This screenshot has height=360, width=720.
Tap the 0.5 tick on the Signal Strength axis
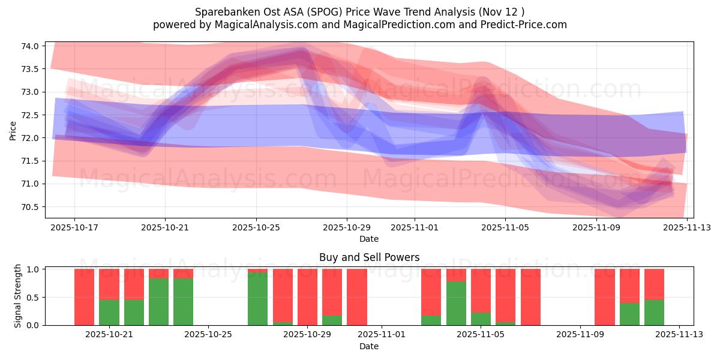[x=34, y=298]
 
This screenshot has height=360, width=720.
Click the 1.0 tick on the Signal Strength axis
[x=34, y=269]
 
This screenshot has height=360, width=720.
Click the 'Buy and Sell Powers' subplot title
[x=368, y=257]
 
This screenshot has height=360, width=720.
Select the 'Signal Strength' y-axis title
[x=18, y=296]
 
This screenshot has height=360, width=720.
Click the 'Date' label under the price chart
[x=368, y=239]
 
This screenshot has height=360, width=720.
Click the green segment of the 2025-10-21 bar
[x=109, y=312]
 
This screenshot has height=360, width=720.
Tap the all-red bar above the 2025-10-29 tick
[x=307, y=297]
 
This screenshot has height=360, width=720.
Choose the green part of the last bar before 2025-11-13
[x=654, y=312]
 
